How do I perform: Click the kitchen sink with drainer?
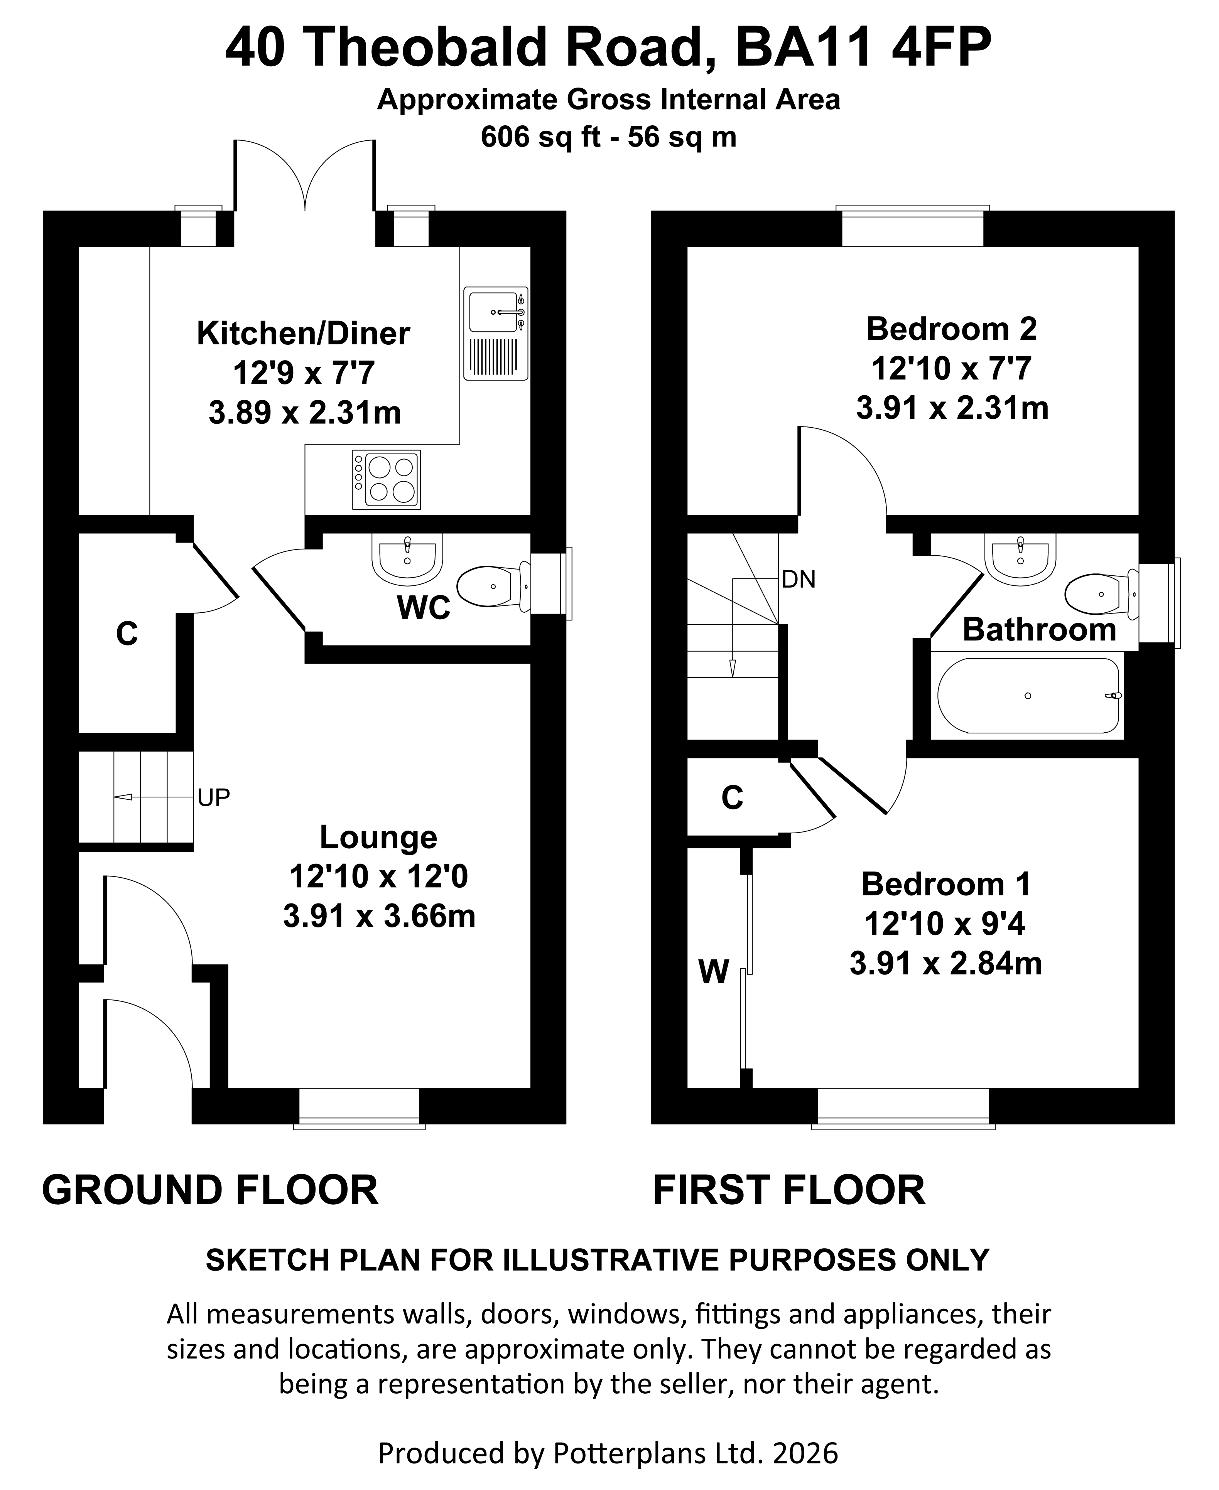[496, 334]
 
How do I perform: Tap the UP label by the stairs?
[213, 797]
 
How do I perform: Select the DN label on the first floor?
[799, 579]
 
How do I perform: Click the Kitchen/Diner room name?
[303, 334]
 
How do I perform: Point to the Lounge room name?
[378, 837]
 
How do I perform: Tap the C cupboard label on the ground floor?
[127, 634]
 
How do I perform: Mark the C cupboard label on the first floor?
[733, 797]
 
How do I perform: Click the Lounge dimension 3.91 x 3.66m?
[379, 916]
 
